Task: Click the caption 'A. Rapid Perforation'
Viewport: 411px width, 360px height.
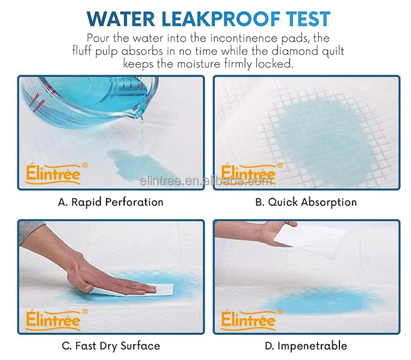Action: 110,202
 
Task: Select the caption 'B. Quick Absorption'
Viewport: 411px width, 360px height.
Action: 306,202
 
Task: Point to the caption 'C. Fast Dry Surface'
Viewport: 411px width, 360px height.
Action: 110,346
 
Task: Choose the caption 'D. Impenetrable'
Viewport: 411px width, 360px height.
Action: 306,346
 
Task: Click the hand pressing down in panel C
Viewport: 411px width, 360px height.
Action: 103,272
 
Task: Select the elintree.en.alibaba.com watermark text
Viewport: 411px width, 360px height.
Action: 206,181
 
